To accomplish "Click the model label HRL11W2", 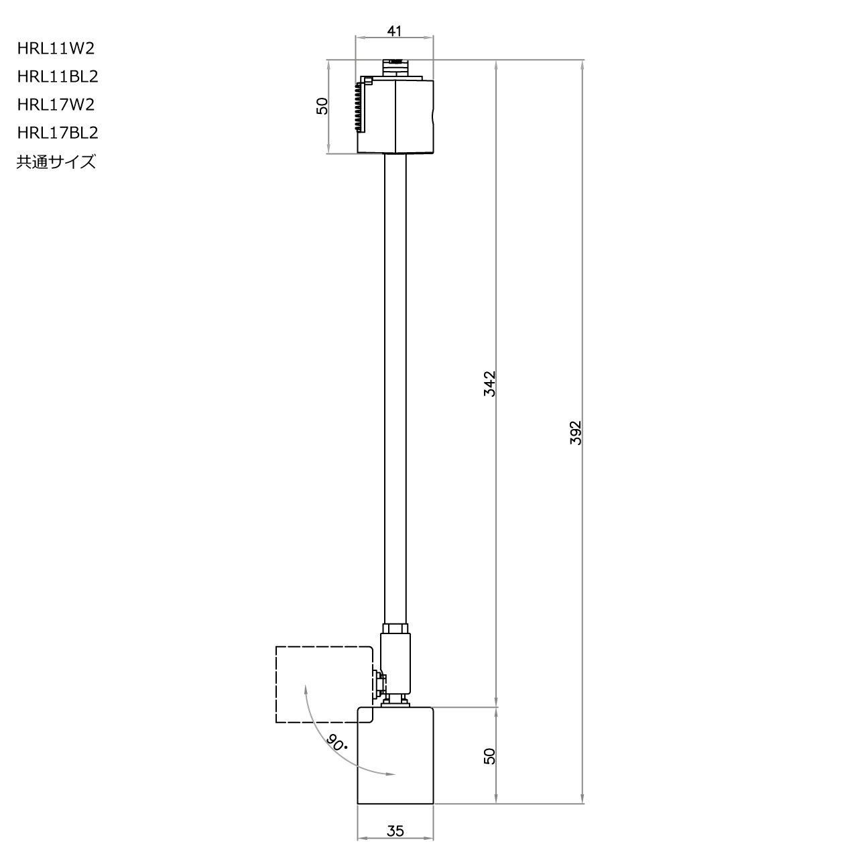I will click(x=56, y=48).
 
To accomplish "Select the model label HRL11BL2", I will click(x=58, y=76).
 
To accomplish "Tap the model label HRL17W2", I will click(x=56, y=105).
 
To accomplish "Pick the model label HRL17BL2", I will click(x=58, y=133).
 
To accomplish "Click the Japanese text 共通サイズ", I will click(x=56, y=162).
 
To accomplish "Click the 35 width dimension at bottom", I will click(x=395, y=831).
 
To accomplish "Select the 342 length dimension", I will click(x=489, y=383).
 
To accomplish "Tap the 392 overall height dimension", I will click(x=576, y=434).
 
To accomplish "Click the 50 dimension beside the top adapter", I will click(x=322, y=106).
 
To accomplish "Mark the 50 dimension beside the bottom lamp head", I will click(x=489, y=756).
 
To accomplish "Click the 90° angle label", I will click(x=336, y=742).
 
